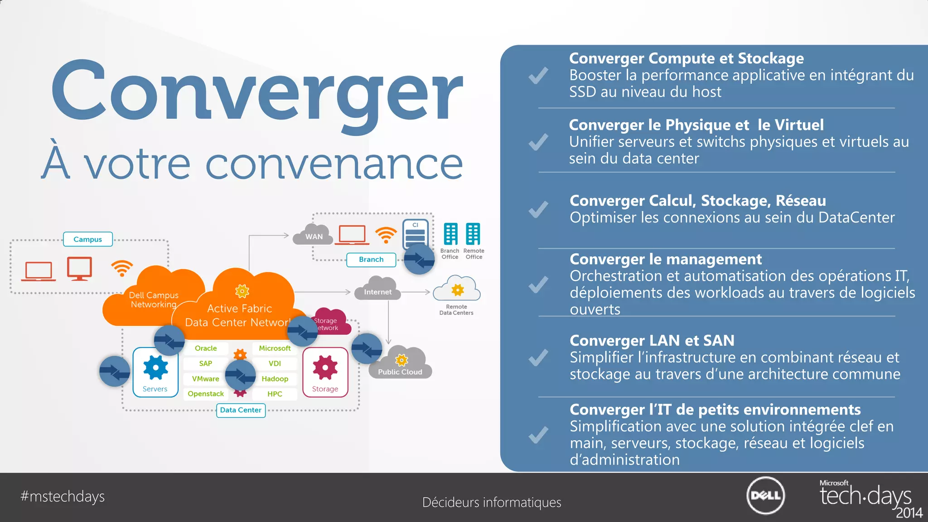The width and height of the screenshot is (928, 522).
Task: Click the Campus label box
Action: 88,239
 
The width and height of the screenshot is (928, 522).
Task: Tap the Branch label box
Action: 371,260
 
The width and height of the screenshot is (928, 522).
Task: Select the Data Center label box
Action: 241,410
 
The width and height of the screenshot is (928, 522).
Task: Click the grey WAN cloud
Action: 314,235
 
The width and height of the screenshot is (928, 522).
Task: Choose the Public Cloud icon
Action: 401,364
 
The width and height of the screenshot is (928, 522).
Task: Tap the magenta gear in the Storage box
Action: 325,367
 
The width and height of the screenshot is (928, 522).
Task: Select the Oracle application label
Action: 206,348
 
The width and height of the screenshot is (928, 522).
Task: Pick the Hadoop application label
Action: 275,379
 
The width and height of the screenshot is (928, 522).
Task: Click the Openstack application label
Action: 206,394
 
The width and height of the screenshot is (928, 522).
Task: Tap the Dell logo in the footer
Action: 765,496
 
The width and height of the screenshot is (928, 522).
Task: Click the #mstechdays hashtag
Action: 63,497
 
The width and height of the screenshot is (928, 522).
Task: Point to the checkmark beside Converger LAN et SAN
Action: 538,358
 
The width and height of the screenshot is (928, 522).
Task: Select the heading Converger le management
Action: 666,259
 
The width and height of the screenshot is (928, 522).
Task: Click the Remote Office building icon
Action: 473,234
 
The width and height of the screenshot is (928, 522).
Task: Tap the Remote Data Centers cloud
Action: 457,289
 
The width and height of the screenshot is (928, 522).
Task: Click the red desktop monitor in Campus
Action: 80,268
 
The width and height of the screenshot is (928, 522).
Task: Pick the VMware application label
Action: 206,379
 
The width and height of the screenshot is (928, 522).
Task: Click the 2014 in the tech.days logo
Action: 909,513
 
